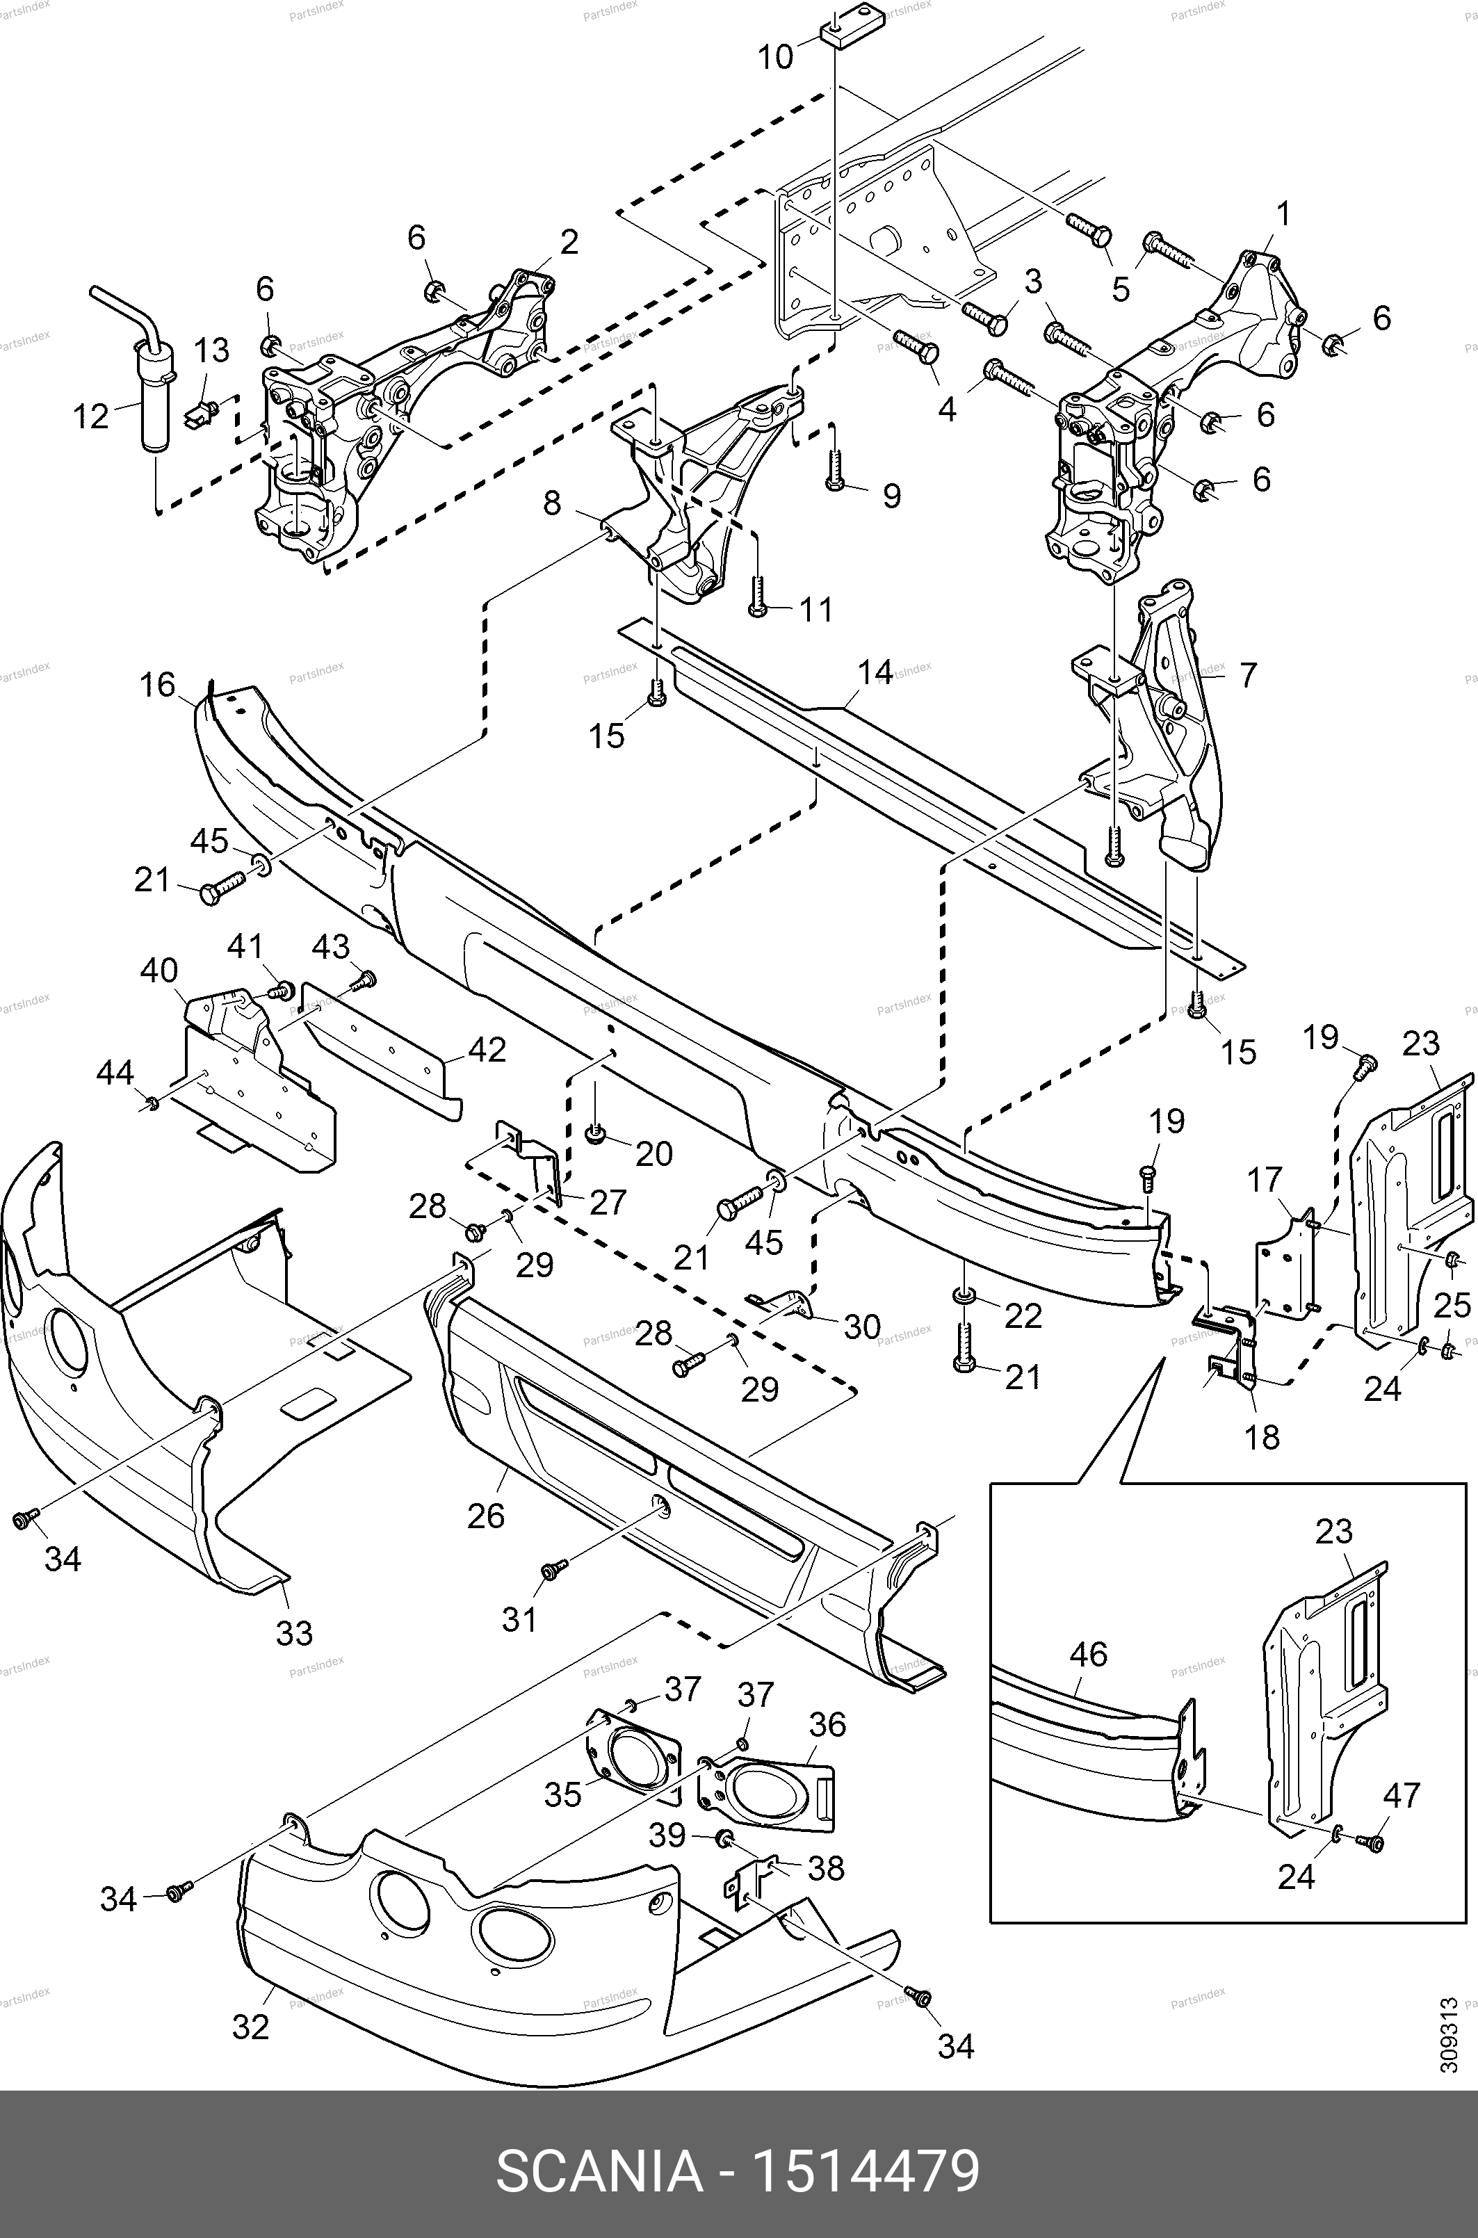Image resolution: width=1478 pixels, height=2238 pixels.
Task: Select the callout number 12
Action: pos(92,416)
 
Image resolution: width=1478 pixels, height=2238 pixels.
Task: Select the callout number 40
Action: pos(159,969)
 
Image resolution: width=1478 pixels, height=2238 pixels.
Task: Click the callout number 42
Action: pos(487,1049)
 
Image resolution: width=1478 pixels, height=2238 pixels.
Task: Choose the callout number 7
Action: pos(1248,675)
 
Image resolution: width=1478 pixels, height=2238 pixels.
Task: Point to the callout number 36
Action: pos(827,1724)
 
